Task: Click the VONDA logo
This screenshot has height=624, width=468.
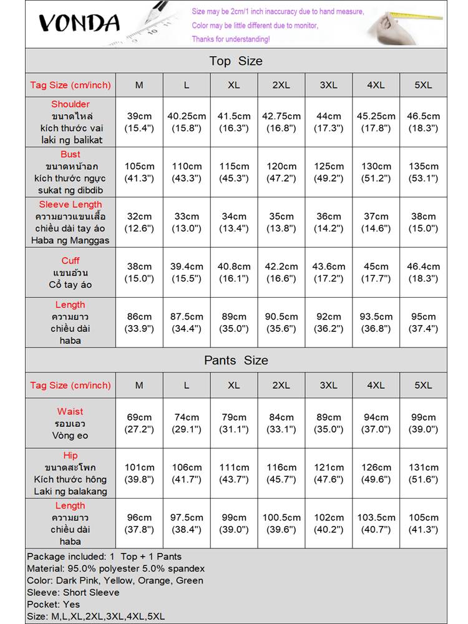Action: (79, 24)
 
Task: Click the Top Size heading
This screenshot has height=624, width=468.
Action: (236, 61)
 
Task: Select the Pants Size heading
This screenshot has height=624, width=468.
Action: (236, 361)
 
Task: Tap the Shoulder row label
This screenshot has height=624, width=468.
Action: (71, 122)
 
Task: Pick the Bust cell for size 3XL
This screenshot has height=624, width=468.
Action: (329, 172)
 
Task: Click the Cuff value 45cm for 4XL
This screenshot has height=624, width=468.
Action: (376, 273)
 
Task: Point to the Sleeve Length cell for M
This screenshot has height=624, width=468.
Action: (139, 222)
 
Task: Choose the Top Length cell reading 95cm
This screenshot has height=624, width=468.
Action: (423, 323)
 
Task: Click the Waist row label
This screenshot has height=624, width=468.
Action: (71, 423)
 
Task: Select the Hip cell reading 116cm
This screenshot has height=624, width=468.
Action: (281, 473)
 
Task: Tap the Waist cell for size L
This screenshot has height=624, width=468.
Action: (187, 423)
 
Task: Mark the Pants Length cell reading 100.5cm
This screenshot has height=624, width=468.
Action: (281, 524)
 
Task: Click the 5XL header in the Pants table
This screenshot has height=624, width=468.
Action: (423, 385)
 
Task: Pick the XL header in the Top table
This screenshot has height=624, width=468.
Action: (234, 85)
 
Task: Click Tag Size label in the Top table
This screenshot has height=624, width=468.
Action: (71, 85)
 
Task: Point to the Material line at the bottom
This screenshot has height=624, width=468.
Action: (116, 568)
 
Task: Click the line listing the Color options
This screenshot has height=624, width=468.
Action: (115, 580)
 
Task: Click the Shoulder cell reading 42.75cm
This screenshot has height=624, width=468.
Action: (281, 122)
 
